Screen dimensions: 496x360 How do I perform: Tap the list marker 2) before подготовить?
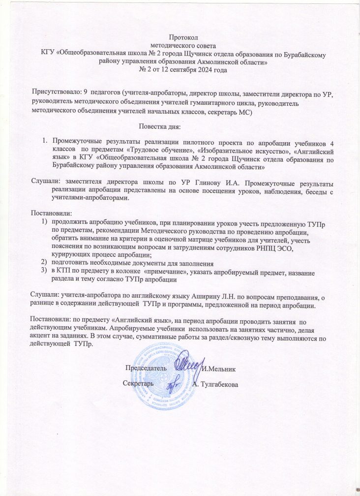coord(44,263)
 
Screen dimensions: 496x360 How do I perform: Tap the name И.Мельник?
coord(220,368)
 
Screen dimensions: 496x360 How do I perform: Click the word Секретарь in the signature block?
coord(138,382)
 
